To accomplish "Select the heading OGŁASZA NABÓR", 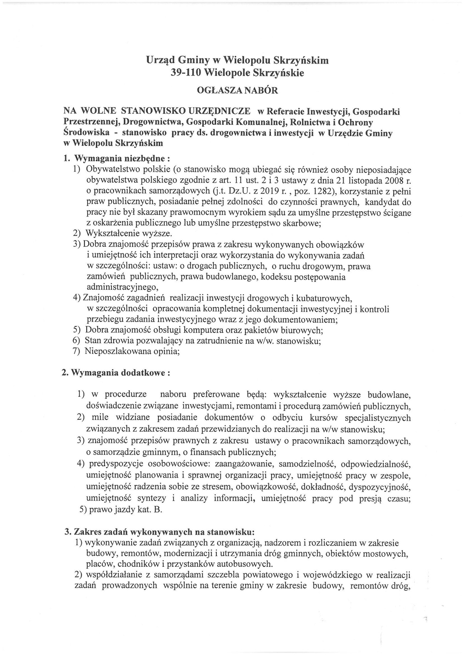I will [x=237, y=91].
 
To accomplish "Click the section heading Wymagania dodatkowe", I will [x=116, y=373].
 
